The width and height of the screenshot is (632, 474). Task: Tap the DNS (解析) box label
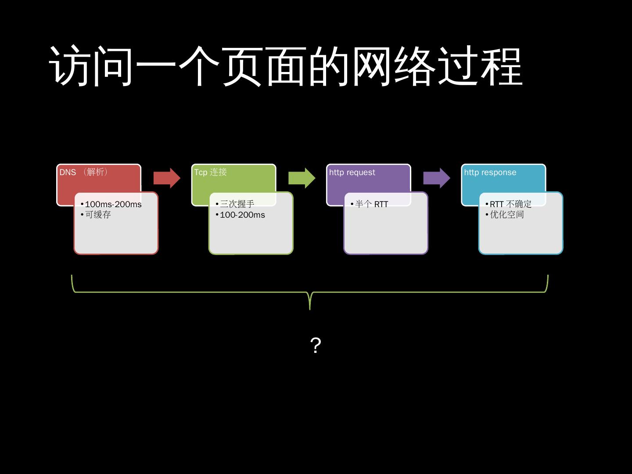(84, 172)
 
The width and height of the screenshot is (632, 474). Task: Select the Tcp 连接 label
(210, 172)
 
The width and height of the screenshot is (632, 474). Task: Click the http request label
(352, 172)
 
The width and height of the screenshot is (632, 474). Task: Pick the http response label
(490, 172)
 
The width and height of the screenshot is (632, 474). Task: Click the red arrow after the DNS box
(167, 178)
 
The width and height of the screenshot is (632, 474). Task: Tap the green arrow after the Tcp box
(302, 178)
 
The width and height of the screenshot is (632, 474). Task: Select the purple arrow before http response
(436, 178)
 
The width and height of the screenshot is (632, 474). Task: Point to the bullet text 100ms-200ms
(113, 205)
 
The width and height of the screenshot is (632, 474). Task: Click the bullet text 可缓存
(98, 215)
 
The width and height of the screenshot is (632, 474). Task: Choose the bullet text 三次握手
(237, 204)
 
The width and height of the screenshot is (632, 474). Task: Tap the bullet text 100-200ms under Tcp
(242, 215)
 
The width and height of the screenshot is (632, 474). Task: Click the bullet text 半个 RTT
(371, 205)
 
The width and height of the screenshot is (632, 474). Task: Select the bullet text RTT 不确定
(510, 204)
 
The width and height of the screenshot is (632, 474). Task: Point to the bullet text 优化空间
(507, 215)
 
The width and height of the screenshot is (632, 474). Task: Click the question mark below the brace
(316, 345)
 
